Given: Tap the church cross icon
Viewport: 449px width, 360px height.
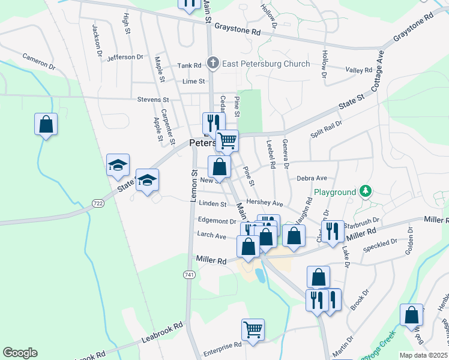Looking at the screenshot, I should (x=212, y=62).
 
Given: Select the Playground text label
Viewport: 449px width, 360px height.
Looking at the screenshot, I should (x=334, y=193).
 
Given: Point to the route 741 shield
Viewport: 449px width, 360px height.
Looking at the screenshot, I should (x=188, y=274).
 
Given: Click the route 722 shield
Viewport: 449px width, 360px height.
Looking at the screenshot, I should (x=98, y=205).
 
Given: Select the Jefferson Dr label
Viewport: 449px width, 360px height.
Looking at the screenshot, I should (x=125, y=58).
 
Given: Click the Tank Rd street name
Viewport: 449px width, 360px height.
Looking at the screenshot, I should (x=188, y=66).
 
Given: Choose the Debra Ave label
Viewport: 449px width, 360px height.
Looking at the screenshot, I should (x=312, y=178).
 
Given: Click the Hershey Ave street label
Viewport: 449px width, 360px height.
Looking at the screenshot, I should (x=268, y=204).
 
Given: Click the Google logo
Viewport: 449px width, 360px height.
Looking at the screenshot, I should (x=20, y=353).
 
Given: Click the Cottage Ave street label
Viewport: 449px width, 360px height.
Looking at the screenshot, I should (x=380, y=69).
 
